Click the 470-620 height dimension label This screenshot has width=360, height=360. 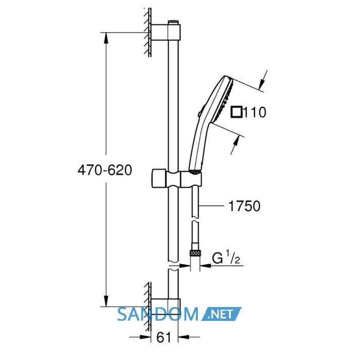105,170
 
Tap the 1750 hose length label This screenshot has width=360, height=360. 244,206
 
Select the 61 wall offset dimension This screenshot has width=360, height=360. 164,337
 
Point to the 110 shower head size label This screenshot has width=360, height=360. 255,112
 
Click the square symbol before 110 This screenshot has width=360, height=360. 236,112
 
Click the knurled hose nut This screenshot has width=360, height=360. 195,253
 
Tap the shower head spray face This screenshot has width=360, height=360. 224,100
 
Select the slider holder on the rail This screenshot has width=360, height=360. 176,179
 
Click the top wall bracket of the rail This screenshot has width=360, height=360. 166,32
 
